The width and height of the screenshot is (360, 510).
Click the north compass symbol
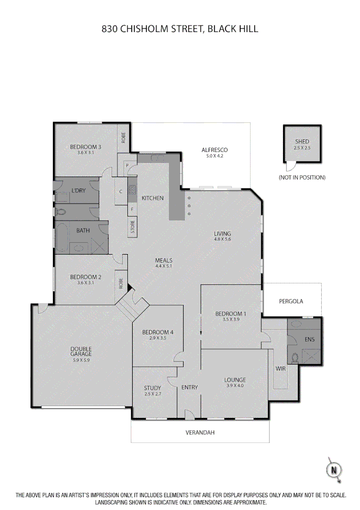[x=334, y=469]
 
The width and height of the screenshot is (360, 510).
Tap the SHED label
[x=302, y=141]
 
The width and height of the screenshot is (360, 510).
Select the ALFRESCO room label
[x=215, y=150]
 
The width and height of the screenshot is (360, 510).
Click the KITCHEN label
[x=152, y=198]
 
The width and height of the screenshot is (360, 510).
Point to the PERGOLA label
[x=291, y=301]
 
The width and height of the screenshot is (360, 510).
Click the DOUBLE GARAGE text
[x=81, y=351]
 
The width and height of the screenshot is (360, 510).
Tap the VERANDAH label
[x=200, y=432]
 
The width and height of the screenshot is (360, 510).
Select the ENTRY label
[x=190, y=387]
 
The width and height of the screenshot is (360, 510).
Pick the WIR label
[x=281, y=368]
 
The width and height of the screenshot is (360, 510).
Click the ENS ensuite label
[x=310, y=339]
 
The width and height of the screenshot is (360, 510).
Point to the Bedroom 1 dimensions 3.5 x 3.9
[x=231, y=320]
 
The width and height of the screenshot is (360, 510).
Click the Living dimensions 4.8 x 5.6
[x=222, y=239]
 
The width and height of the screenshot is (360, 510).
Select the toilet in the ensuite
[x=295, y=358]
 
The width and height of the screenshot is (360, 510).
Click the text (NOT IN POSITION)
[x=302, y=178]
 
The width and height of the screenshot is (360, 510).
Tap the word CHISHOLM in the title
[x=146, y=29]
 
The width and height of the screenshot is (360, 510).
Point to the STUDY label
[x=152, y=388]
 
